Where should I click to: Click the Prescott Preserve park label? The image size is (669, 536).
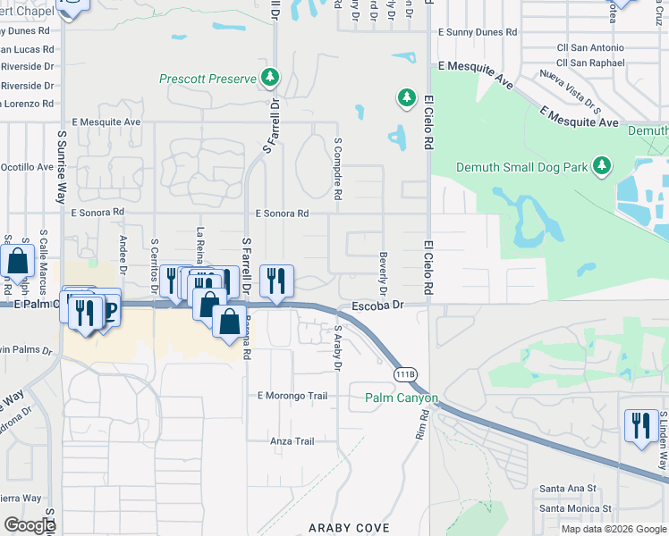pyautogui.click(x=207, y=79)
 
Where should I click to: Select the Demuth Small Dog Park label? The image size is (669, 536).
pyautogui.click(x=521, y=166)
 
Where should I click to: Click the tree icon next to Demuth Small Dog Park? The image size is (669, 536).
pyautogui.click(x=603, y=166)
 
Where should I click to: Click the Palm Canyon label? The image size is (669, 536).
pyautogui.click(x=402, y=398)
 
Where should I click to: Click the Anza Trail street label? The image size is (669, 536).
pyautogui.click(x=292, y=441)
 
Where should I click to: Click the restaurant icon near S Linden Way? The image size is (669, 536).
pyautogui.click(x=639, y=424)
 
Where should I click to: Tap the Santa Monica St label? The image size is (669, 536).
pyautogui.click(x=573, y=507)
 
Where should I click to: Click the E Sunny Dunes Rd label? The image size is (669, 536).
pyautogui.click(x=478, y=31)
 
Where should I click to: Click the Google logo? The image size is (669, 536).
pyautogui.click(x=30, y=525)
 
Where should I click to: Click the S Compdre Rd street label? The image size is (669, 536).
pyautogui.click(x=338, y=168)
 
